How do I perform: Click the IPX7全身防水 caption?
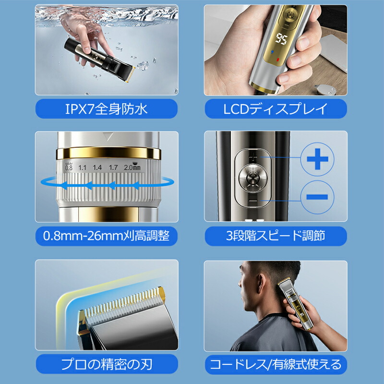coord(107,109)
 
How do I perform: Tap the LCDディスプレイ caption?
coord(276,109)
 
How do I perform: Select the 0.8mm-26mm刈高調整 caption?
coord(107,235)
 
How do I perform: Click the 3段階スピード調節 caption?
coord(276,235)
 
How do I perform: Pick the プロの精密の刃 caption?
coord(107,363)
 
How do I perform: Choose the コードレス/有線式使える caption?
coord(276,363)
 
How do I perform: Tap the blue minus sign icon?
coord(317,197)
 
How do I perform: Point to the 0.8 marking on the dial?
coord(68,168)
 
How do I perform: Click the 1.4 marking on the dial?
coord(97,168)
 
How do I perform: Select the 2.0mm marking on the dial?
coord(132,168)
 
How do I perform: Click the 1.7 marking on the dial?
coord(113,168)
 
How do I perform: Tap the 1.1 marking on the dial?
coord(82,168)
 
